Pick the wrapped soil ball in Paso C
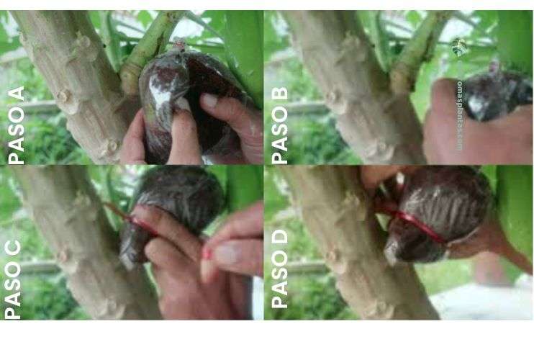[173, 202]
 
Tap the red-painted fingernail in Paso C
[207, 253]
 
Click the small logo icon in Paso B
[458, 48]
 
